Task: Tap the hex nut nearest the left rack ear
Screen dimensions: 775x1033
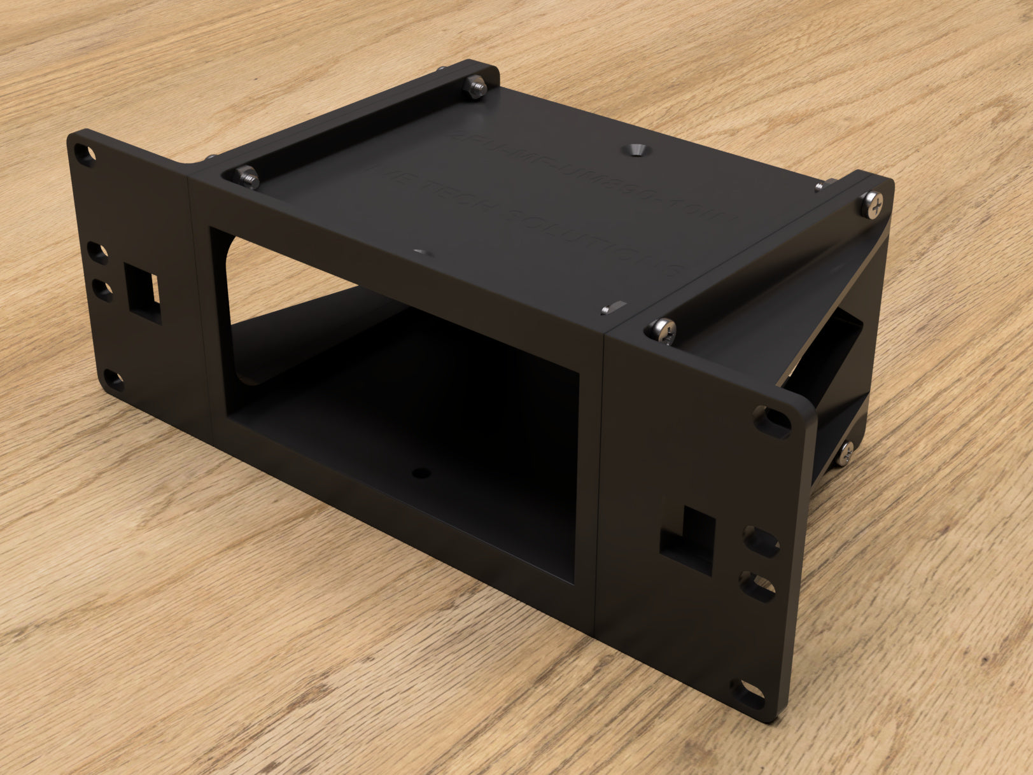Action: tap(248, 177)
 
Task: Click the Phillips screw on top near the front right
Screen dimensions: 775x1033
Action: tap(663, 329)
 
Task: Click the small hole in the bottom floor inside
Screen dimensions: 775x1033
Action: tap(419, 473)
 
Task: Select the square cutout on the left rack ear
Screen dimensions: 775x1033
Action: tap(145, 290)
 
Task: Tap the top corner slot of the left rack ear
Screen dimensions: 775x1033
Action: tap(83, 153)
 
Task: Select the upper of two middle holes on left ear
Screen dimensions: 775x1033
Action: tap(99, 253)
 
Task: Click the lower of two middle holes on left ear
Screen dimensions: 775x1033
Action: tap(102, 291)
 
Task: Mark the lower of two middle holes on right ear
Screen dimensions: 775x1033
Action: tap(757, 585)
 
